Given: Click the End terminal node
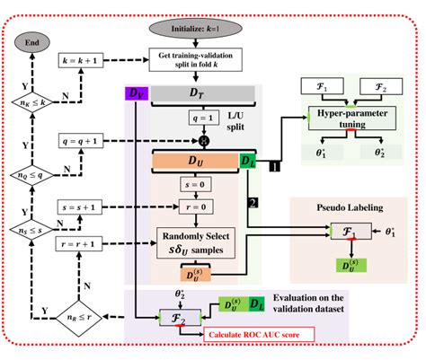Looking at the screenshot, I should click(x=31, y=40).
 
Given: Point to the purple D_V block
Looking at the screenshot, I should click(x=132, y=93).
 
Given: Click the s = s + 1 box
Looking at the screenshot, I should click(x=82, y=206).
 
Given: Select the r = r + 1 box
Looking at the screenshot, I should click(x=82, y=243).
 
